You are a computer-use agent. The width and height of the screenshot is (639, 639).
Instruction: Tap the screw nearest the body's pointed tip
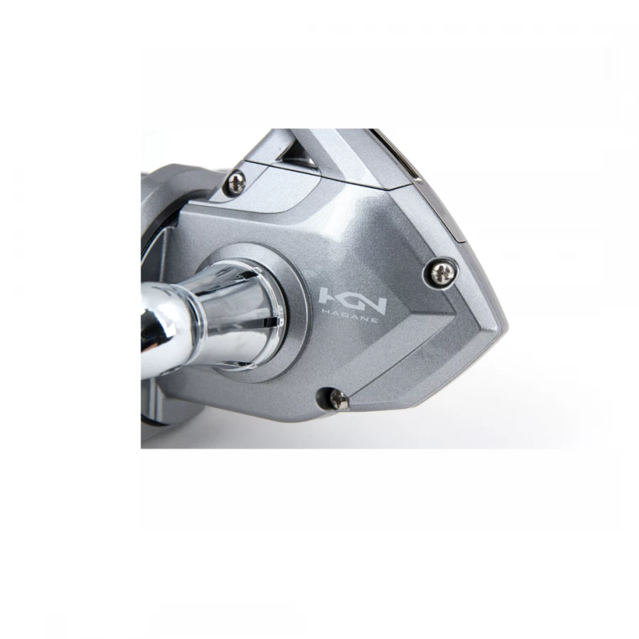point(442,273)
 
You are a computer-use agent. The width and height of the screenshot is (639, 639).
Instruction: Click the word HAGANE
point(349,316)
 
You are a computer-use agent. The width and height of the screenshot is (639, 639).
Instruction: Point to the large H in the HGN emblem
point(327,297)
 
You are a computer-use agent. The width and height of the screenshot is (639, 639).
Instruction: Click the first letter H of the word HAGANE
point(325,312)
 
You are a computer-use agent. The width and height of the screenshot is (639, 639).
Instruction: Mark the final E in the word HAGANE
point(374,320)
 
